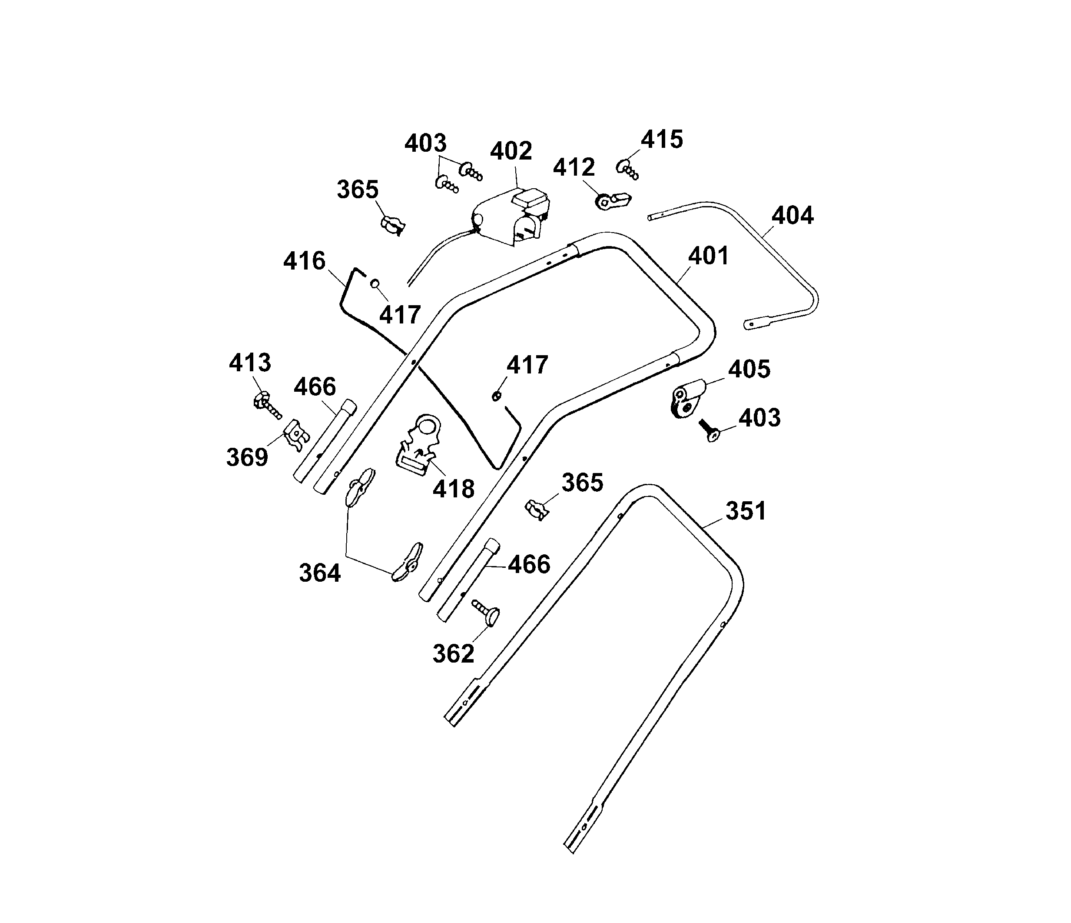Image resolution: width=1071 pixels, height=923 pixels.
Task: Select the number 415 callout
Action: tap(662, 140)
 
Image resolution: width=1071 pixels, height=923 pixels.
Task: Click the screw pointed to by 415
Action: tap(627, 169)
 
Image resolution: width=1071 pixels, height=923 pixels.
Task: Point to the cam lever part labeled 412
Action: tap(613, 200)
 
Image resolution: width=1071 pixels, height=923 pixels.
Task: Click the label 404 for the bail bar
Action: tap(792, 215)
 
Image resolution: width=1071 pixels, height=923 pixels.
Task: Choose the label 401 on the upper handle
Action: tap(708, 256)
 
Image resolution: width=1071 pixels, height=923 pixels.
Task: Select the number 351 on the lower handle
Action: tap(746, 511)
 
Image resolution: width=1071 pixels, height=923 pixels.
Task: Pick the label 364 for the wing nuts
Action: tap(320, 573)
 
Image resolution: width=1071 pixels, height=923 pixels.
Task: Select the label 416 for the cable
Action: tap(304, 261)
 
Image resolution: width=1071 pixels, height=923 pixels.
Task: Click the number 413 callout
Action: tap(250, 363)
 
